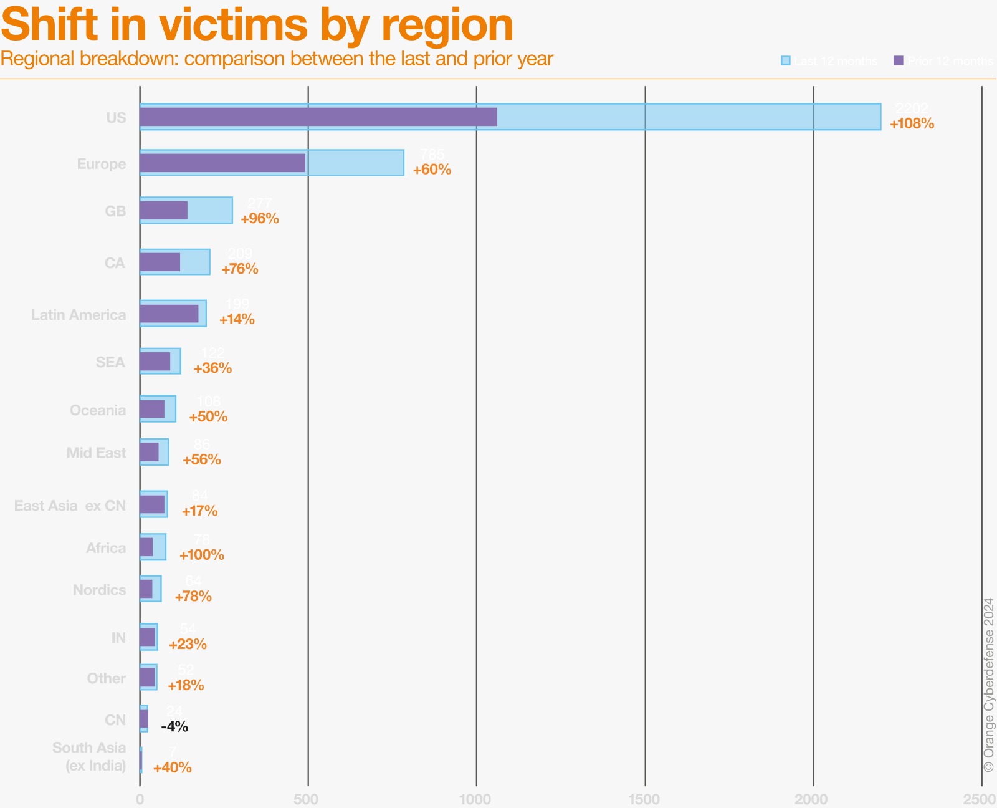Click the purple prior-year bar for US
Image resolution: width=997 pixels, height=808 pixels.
(318, 117)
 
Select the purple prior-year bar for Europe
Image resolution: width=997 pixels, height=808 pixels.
(222, 163)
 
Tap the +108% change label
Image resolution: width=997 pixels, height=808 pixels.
(912, 123)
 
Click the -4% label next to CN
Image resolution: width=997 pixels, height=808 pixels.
(174, 726)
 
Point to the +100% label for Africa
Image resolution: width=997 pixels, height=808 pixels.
(201, 554)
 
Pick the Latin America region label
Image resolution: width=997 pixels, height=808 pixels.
(79, 315)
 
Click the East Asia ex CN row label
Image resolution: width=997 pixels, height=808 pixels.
(70, 506)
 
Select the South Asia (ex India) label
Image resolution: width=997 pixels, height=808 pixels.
(89, 756)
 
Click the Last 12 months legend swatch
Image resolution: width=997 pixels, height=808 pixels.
(786, 60)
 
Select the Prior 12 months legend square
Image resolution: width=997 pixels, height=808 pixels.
(899, 60)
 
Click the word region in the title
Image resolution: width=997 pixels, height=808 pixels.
(447, 25)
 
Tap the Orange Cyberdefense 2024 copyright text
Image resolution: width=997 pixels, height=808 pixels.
(989, 685)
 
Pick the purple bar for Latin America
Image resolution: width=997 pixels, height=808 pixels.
(169, 314)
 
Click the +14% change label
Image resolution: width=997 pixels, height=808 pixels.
(237, 319)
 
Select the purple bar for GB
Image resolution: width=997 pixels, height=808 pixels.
(163, 211)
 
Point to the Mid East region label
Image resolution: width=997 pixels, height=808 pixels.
(96, 453)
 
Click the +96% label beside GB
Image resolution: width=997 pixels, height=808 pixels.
(259, 218)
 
